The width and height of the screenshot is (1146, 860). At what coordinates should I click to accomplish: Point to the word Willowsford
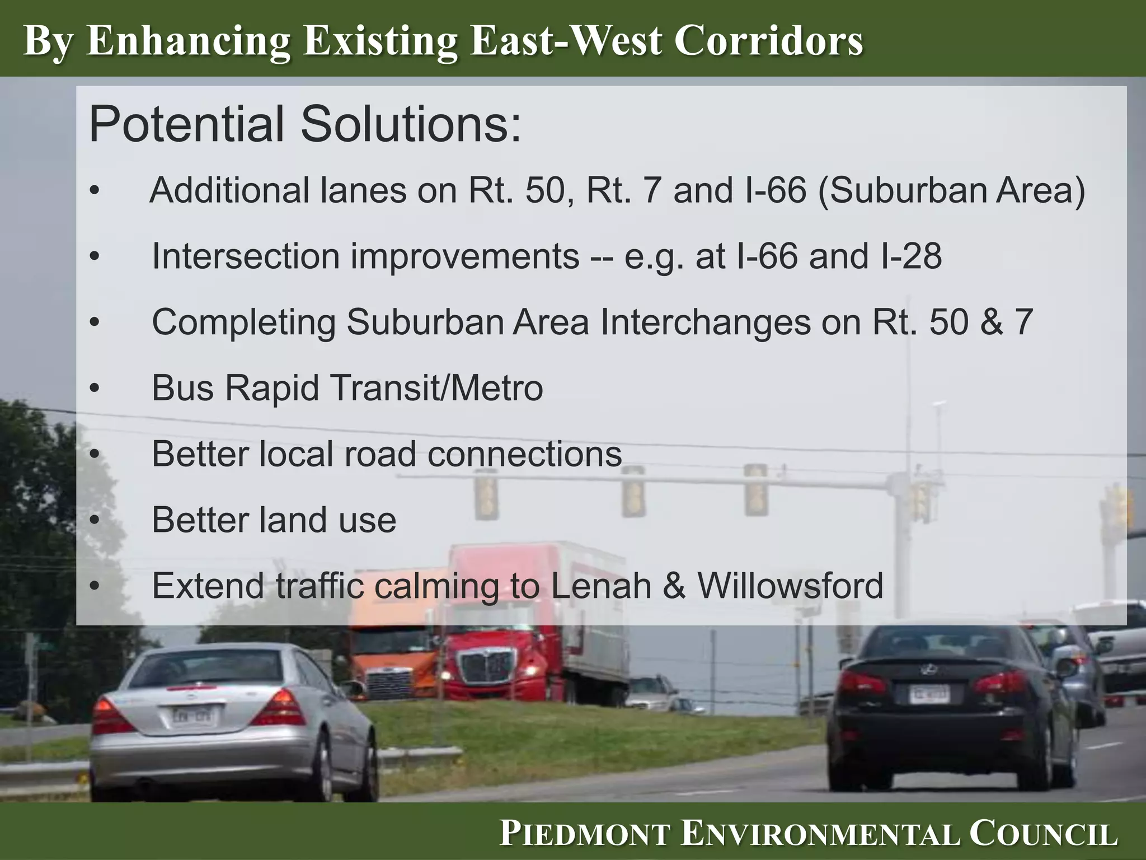pyautogui.click(x=790, y=586)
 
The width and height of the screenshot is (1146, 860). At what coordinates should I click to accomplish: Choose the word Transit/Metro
pyautogui.click(x=440, y=387)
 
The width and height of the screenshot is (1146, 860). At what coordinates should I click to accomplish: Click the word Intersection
pyautogui.click(x=246, y=256)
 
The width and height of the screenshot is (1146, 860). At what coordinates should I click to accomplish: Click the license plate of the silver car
pyautogui.click(x=191, y=716)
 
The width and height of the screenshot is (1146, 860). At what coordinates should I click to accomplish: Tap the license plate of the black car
pyautogui.click(x=928, y=694)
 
